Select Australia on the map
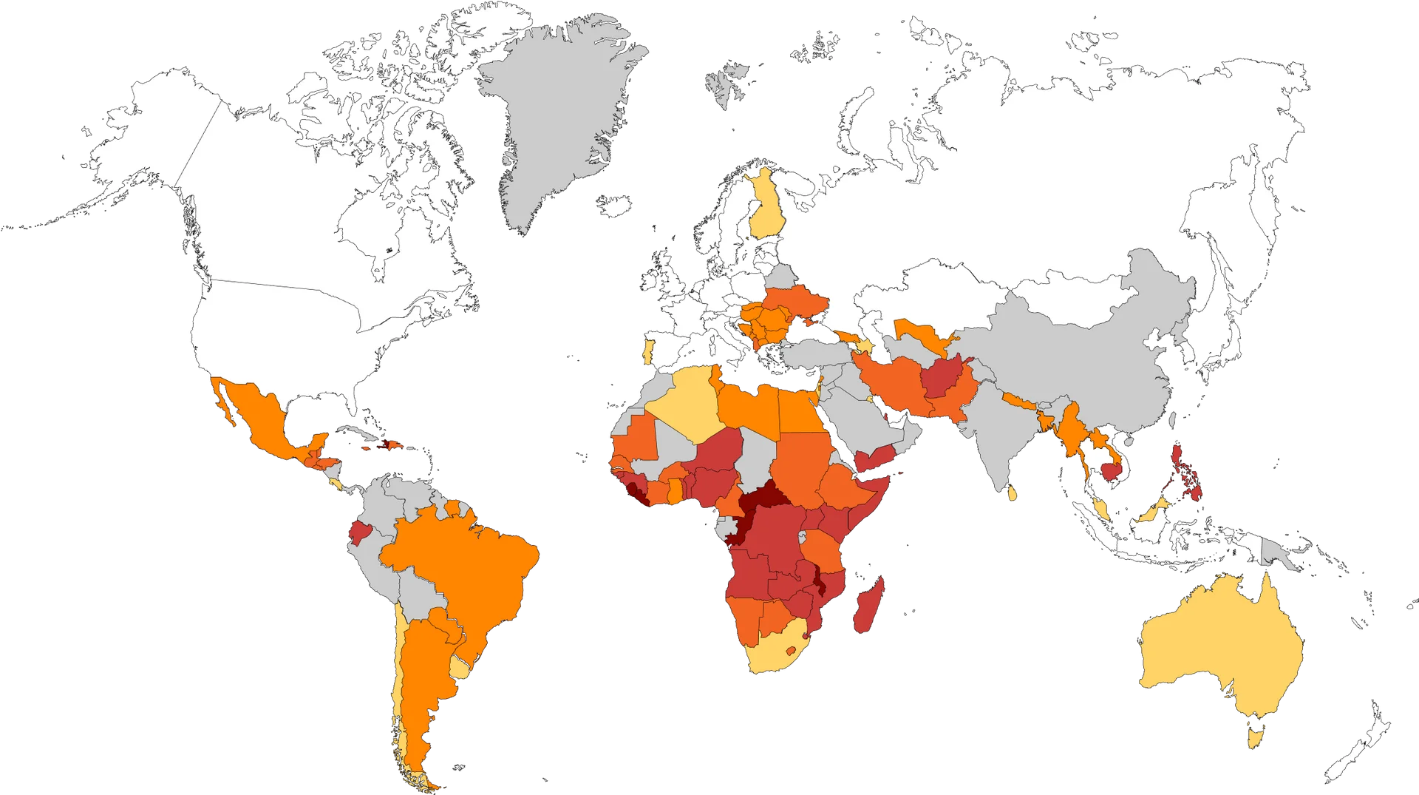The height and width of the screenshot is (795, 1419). click(x=1219, y=651)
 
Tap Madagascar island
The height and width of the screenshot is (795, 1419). click(x=866, y=606)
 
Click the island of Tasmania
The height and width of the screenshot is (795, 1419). click(x=1254, y=736)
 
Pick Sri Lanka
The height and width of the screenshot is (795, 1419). click(x=1011, y=492)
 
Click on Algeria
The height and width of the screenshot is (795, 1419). click(x=687, y=403)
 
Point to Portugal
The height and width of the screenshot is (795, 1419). click(x=648, y=351)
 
